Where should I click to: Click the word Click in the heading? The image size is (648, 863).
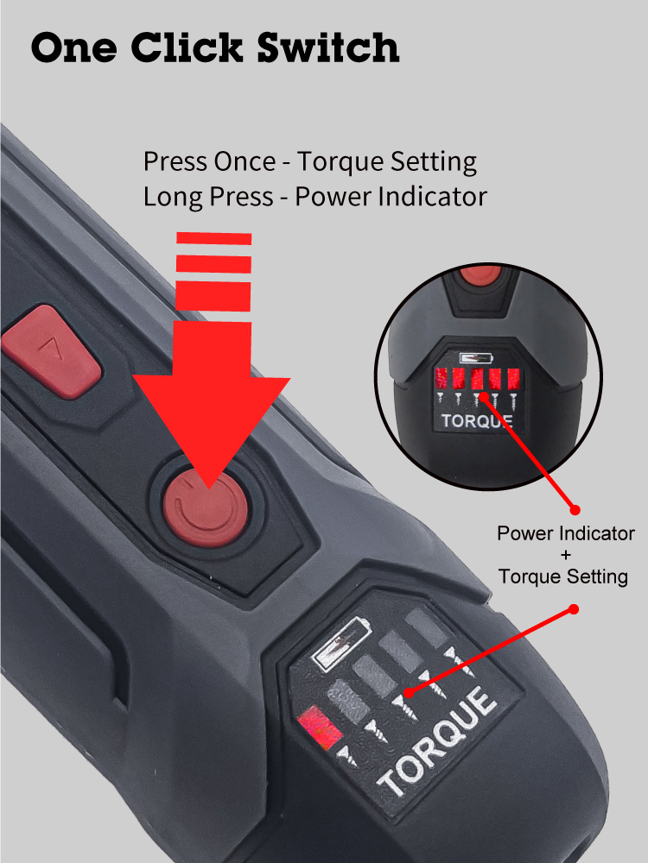point(192,47)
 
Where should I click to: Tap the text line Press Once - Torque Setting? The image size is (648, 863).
point(310,161)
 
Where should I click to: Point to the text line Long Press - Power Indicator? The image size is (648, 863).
point(314,197)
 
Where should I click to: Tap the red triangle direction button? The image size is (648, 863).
point(50,352)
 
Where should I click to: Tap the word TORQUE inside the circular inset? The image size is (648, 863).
point(477,421)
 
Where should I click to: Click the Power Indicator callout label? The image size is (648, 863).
point(566,533)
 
